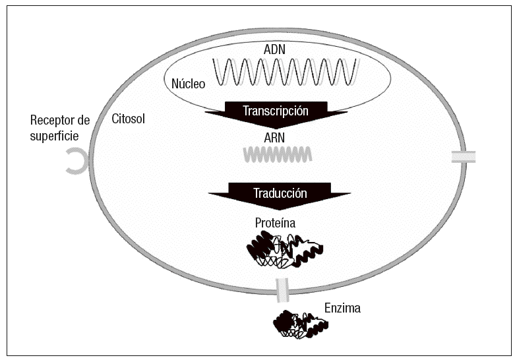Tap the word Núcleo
188,84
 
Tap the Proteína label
275,223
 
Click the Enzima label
342,307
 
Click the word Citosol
129,119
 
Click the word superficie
55,136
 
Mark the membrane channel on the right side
463,157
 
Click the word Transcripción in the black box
276,111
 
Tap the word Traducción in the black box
280,193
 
